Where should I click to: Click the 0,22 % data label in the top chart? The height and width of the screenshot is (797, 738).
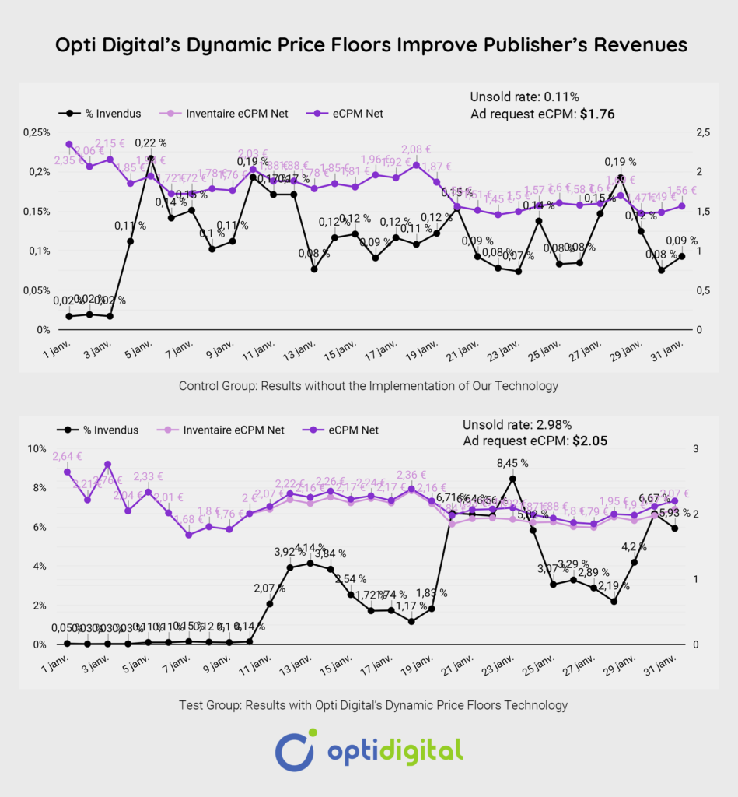pos(150,142)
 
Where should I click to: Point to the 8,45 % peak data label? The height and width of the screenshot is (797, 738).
pos(512,462)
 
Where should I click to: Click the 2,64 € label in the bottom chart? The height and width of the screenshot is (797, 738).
pos(68,457)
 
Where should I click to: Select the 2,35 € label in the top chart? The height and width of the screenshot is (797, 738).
pos(68,160)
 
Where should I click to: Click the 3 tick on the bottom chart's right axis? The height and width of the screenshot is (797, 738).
pos(696,449)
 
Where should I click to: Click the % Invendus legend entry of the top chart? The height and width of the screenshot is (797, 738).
pos(116,114)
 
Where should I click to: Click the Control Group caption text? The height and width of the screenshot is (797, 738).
pos(368,385)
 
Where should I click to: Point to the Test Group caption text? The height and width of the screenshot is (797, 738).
pos(368,705)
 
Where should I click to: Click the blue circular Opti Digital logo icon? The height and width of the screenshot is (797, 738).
pos(294,750)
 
